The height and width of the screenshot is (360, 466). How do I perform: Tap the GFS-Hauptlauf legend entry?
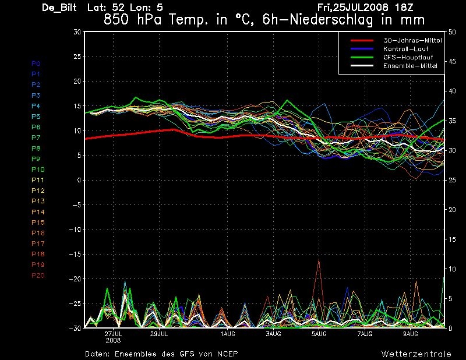tap(406, 58)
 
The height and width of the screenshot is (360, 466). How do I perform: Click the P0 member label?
tap(36, 63)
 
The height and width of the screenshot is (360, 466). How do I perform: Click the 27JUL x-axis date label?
tap(113, 334)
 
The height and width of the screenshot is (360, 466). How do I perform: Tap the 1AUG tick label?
tap(227, 334)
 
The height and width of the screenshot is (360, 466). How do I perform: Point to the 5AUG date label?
tap(319, 334)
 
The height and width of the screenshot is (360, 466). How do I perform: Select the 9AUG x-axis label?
tap(410, 334)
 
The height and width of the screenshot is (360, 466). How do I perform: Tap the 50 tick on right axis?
tap(453, 32)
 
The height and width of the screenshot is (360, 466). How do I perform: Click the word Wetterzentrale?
tap(411, 354)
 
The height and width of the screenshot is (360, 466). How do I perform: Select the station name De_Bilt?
tap(61, 8)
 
